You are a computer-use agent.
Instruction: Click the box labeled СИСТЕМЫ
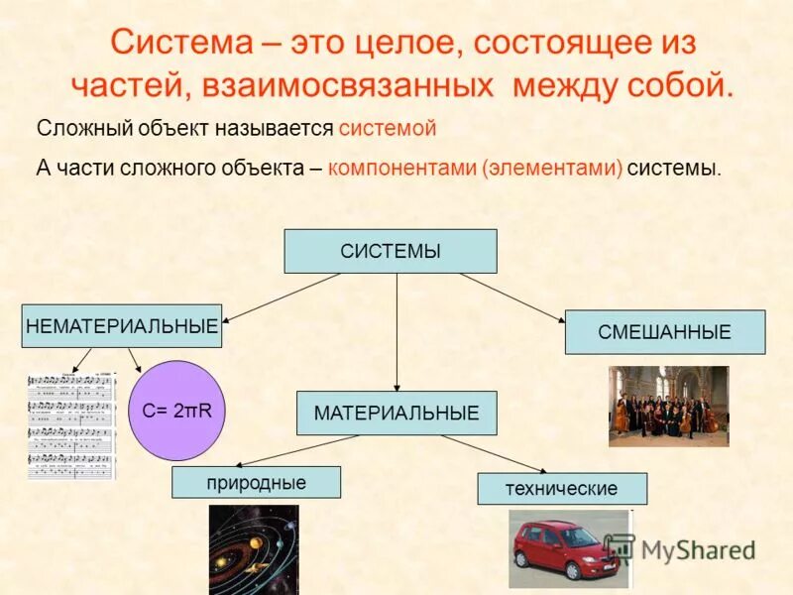[391, 251]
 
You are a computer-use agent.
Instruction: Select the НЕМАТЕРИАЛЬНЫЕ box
[121, 326]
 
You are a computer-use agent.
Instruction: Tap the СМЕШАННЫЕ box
[664, 332]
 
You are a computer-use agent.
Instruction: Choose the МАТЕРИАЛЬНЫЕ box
[396, 413]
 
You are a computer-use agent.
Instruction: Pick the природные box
[256, 483]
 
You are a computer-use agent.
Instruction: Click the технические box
[561, 489]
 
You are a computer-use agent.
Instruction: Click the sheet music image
[71, 425]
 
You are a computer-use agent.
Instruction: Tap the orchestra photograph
[667, 406]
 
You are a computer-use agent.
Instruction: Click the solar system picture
[253, 550]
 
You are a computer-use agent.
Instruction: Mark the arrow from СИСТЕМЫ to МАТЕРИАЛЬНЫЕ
[396, 332]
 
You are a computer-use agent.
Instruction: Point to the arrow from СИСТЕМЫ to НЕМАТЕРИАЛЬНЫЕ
[283, 297]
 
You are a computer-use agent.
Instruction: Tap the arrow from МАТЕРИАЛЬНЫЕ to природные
[297, 451]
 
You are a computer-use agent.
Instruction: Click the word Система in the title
[182, 44]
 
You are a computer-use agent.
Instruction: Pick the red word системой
[387, 129]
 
